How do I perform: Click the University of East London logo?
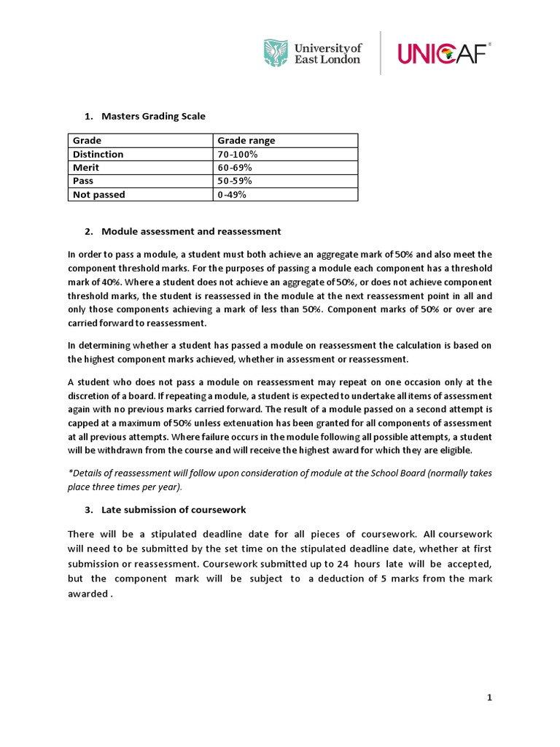coord(311,53)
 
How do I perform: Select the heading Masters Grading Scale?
coord(154,116)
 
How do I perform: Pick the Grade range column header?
coord(246,141)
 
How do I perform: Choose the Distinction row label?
coord(98,154)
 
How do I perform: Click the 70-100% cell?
coord(238,154)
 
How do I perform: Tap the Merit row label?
coord(86,167)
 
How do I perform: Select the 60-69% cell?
coord(235,167)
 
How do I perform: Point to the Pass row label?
coord(83,180)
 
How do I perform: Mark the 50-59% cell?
coord(235,180)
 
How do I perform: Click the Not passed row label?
coord(99,194)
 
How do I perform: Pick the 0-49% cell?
coord(232,194)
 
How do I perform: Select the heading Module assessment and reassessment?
coord(191,231)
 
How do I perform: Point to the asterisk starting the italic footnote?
coord(70,472)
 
